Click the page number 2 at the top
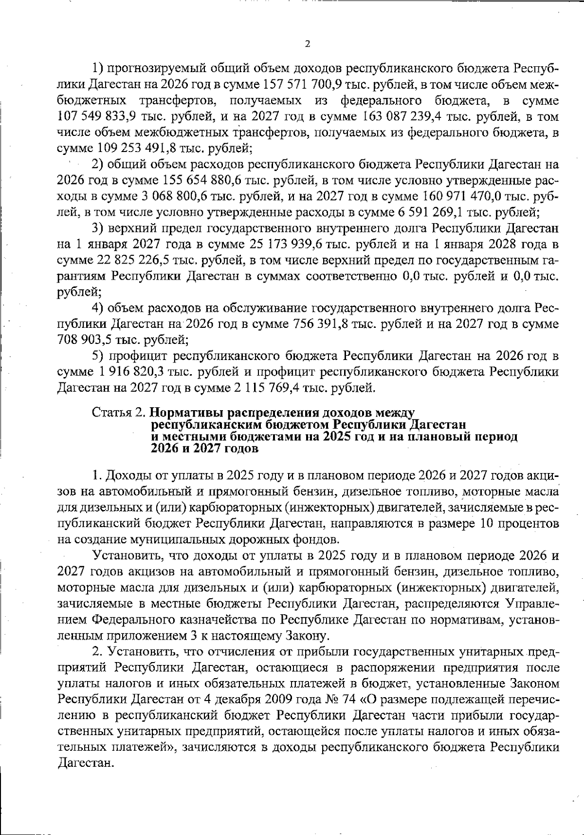pos(307,44)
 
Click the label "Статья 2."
pos(119,412)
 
